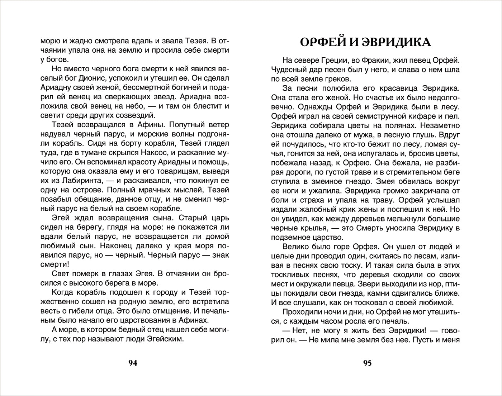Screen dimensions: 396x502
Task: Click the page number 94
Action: click(x=133, y=363)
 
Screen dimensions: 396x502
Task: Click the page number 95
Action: click(x=368, y=363)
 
